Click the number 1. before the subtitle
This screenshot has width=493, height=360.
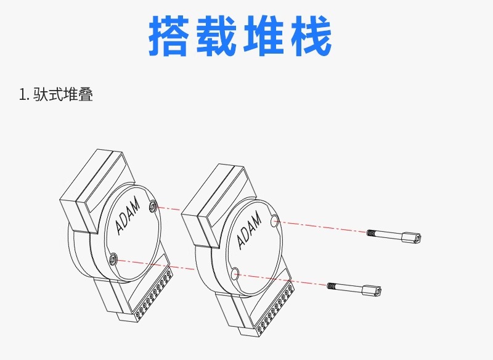pyautogui.click(x=24, y=95)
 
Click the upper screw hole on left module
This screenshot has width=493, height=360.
pyautogui.click(x=153, y=206)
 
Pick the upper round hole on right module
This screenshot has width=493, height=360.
pyautogui.click(x=275, y=220)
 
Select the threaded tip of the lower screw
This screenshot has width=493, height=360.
pyautogui.click(x=333, y=285)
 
